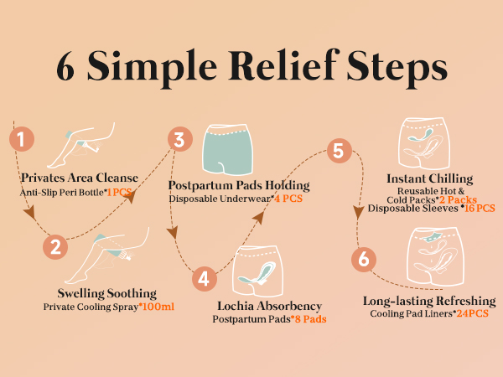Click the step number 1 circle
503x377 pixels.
pyautogui.click(x=22, y=138)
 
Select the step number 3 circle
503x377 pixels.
pyautogui.click(x=178, y=140)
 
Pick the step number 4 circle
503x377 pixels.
pyautogui.click(x=204, y=276)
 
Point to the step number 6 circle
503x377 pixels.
pyautogui.click(x=363, y=259)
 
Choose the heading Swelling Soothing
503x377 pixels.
pyautogui.click(x=107, y=293)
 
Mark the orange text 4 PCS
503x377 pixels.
pyautogui.click(x=288, y=199)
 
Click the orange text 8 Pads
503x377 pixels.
pyautogui.click(x=308, y=319)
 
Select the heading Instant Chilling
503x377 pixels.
pyautogui.click(x=430, y=178)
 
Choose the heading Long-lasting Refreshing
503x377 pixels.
pyautogui.click(x=429, y=301)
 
